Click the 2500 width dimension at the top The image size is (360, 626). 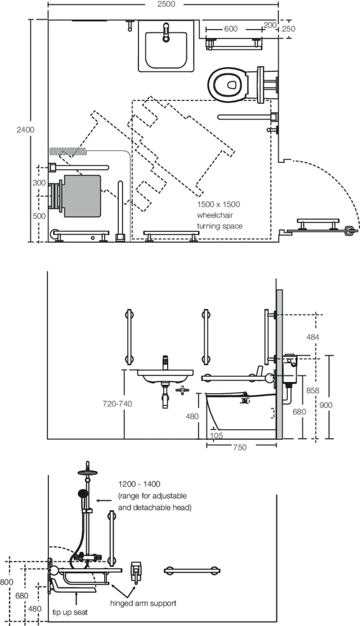166,4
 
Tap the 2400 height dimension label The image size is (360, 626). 25,129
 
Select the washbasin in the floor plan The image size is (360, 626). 166,46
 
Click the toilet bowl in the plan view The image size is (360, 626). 227,85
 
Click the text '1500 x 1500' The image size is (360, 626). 218,204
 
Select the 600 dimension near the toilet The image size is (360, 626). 230,29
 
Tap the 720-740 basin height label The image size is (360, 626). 117,404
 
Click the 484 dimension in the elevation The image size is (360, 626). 312,337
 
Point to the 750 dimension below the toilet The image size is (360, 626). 240,447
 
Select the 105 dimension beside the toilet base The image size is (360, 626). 216,435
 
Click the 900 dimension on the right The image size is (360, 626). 326,405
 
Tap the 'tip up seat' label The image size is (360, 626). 70,612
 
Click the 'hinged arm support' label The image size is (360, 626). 143,603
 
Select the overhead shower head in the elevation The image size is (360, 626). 88,472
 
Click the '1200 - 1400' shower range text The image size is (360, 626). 139,484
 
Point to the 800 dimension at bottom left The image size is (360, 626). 6,582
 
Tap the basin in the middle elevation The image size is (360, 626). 165,373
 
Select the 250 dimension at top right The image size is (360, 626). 288,29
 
